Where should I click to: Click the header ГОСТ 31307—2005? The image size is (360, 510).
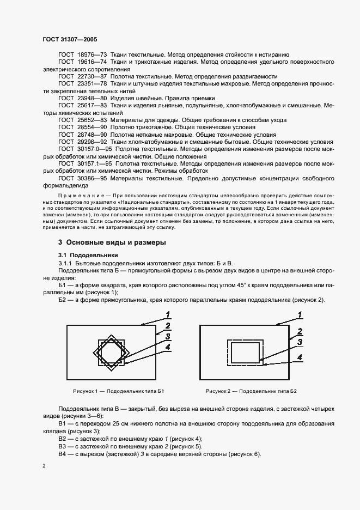69,40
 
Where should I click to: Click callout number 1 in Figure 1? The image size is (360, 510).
169,314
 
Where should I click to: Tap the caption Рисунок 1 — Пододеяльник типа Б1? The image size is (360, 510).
118,391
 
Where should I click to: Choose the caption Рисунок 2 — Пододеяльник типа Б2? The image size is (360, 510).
251,391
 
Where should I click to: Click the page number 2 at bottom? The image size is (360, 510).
44,465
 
